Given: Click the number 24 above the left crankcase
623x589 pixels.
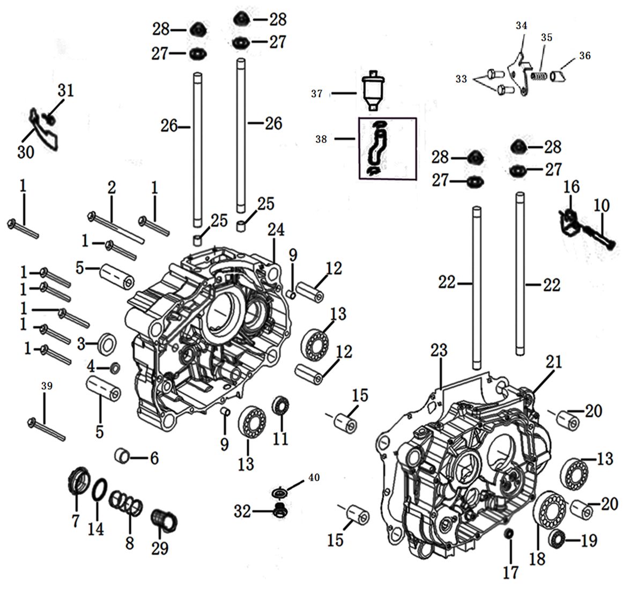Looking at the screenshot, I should point(277,231).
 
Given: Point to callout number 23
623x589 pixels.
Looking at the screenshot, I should point(439,351).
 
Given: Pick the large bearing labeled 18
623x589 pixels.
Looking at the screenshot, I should point(547,510).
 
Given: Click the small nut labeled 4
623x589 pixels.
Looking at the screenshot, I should point(115,368).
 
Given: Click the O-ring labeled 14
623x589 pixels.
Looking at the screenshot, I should point(98,490).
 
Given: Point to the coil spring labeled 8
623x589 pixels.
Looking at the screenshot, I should point(127,504).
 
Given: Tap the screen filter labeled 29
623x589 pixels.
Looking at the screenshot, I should point(165,520).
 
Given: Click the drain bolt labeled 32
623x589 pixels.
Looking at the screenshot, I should point(279,511).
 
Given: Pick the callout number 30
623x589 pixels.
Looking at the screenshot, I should point(25,152).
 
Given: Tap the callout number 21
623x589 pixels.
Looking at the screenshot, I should point(554,362).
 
